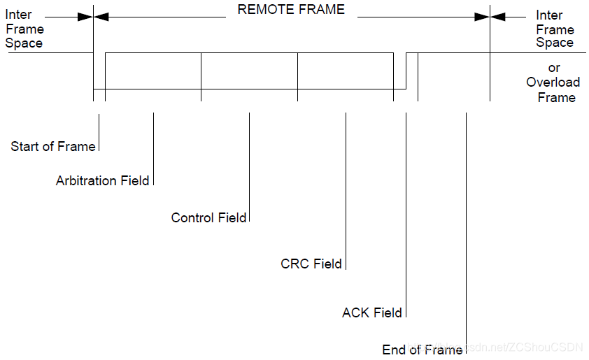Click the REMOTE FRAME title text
(291, 9)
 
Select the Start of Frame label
(52, 147)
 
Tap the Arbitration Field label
(102, 181)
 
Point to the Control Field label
(208, 218)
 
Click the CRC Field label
(311, 264)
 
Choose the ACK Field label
(372, 313)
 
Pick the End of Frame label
(423, 350)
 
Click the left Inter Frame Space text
(24, 29)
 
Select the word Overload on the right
(553, 82)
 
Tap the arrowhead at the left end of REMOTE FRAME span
(101, 16)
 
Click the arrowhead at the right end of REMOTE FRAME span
(481, 16)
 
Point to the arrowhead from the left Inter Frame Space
(85, 16)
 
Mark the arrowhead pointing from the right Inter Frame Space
(497, 16)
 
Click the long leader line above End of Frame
(466, 224)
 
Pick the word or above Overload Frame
(554, 68)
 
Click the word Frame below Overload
(556, 97)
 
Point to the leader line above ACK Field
(406, 210)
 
